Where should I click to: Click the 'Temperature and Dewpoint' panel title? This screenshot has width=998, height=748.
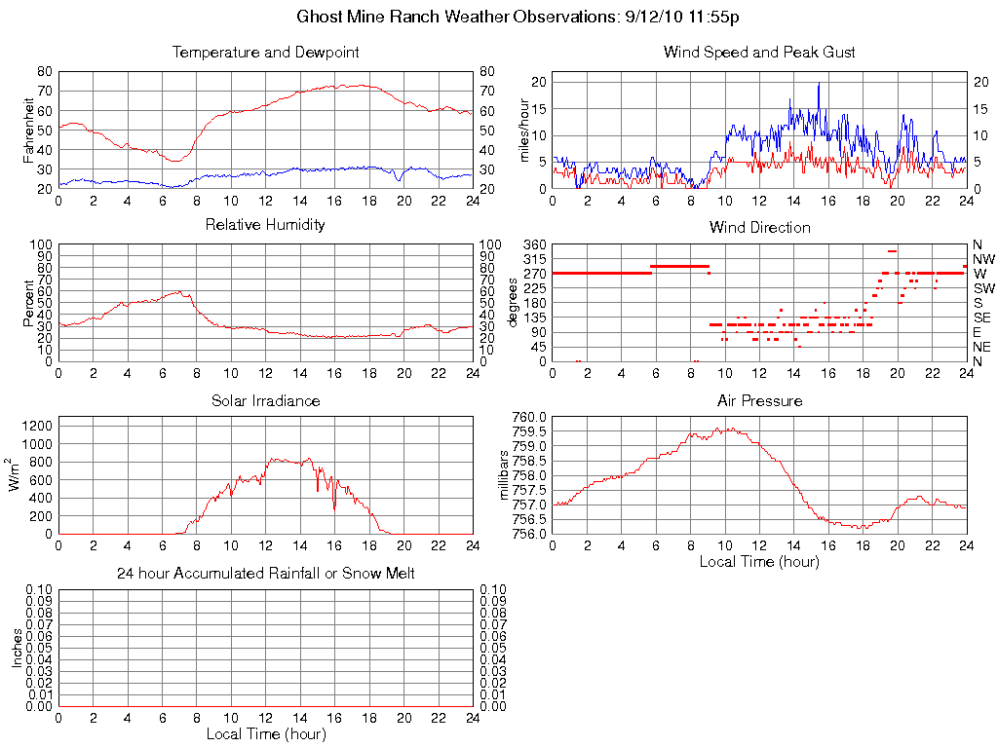click(x=265, y=53)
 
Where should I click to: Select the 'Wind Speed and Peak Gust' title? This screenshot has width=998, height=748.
click(x=759, y=53)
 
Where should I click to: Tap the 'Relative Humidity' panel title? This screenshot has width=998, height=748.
click(x=265, y=225)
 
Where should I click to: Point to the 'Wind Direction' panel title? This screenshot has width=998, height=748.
click(x=759, y=228)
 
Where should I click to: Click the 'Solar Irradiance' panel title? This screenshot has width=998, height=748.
click(x=265, y=401)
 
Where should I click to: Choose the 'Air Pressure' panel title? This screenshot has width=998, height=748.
click(x=759, y=401)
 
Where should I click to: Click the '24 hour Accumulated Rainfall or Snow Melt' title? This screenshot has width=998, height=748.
click(x=265, y=574)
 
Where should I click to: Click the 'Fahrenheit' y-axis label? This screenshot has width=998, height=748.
click(x=29, y=130)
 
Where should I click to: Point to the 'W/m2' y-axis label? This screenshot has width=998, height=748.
click(x=16, y=475)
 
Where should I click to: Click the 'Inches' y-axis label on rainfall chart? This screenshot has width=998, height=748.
click(x=17, y=648)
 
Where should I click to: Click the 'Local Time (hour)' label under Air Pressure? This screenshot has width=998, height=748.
click(x=759, y=562)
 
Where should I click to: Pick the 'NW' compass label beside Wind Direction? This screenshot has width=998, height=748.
click(x=982, y=259)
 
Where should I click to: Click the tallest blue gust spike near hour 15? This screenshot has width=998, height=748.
click(x=819, y=85)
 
